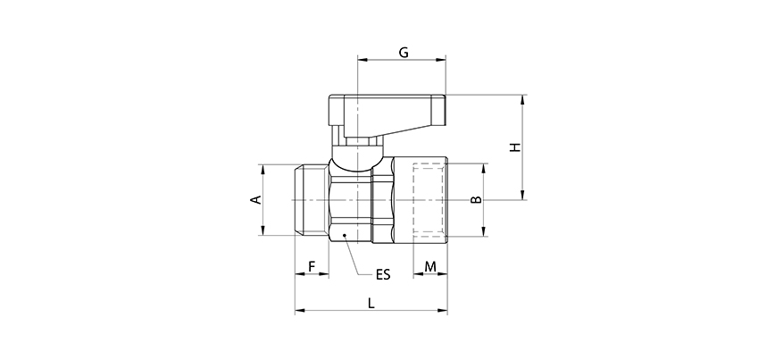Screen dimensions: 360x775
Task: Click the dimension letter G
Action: point(403,53)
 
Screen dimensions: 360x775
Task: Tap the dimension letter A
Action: point(256,200)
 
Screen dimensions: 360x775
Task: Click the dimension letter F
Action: point(312,267)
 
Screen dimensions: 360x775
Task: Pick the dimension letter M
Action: point(430,267)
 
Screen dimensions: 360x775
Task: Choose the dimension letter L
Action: point(371,303)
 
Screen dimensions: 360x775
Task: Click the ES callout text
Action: point(382,274)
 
